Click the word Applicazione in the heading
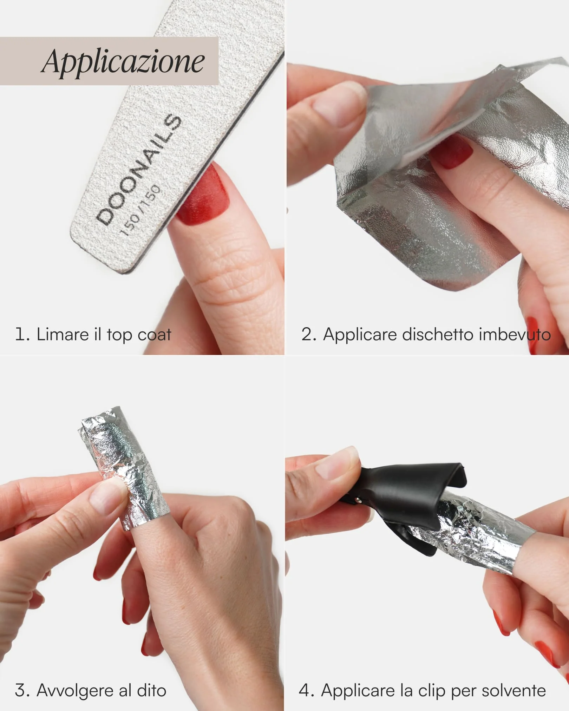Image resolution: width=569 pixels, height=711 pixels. point(123,61)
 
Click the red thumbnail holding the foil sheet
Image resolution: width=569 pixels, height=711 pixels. point(452,152)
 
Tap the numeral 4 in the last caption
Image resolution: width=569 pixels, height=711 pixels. point(304,691)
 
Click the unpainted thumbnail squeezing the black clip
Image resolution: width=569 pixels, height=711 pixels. point(338,466)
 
